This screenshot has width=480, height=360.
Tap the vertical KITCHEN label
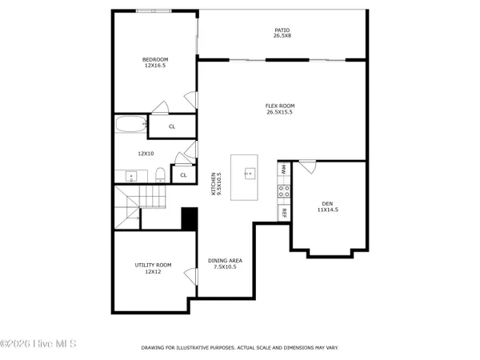pos(214,183)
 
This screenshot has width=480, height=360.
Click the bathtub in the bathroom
pos(130,125)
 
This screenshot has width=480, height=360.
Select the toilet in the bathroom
pos(159,174)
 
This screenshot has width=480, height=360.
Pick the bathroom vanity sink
pos(130,175)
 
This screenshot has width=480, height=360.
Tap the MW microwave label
pos(283,170)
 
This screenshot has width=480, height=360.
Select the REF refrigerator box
pos(283,213)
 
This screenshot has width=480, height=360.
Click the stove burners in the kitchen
pos(283,190)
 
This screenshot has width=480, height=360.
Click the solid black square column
pos(190,218)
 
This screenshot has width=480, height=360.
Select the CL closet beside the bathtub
pos(172,126)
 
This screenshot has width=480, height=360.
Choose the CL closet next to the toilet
pos(183,174)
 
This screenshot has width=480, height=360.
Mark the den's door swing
pos(307,166)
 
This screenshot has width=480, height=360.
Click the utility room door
pos(190,276)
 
